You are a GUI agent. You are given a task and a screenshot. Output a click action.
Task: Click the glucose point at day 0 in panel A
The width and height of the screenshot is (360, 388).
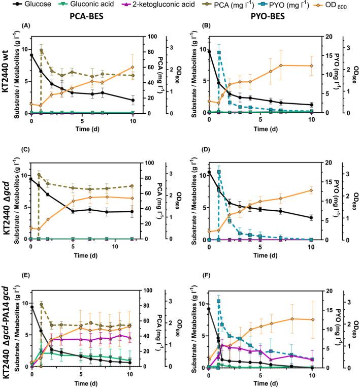[32, 55]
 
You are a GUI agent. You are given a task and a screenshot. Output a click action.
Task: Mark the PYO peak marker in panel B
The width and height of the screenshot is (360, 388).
[219, 53]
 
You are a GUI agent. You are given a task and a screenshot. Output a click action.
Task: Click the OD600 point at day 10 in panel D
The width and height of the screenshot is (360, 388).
[311, 190]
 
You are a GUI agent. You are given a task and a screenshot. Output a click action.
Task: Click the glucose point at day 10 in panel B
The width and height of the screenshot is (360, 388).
[311, 105]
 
